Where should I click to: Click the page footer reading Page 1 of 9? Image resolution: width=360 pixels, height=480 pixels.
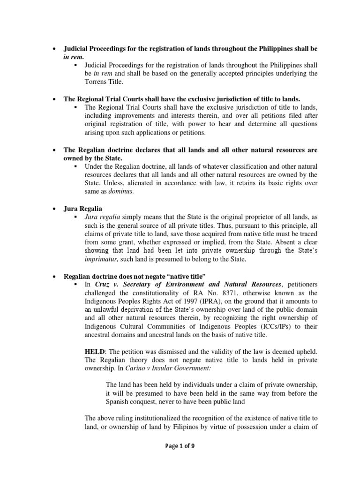180,446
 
